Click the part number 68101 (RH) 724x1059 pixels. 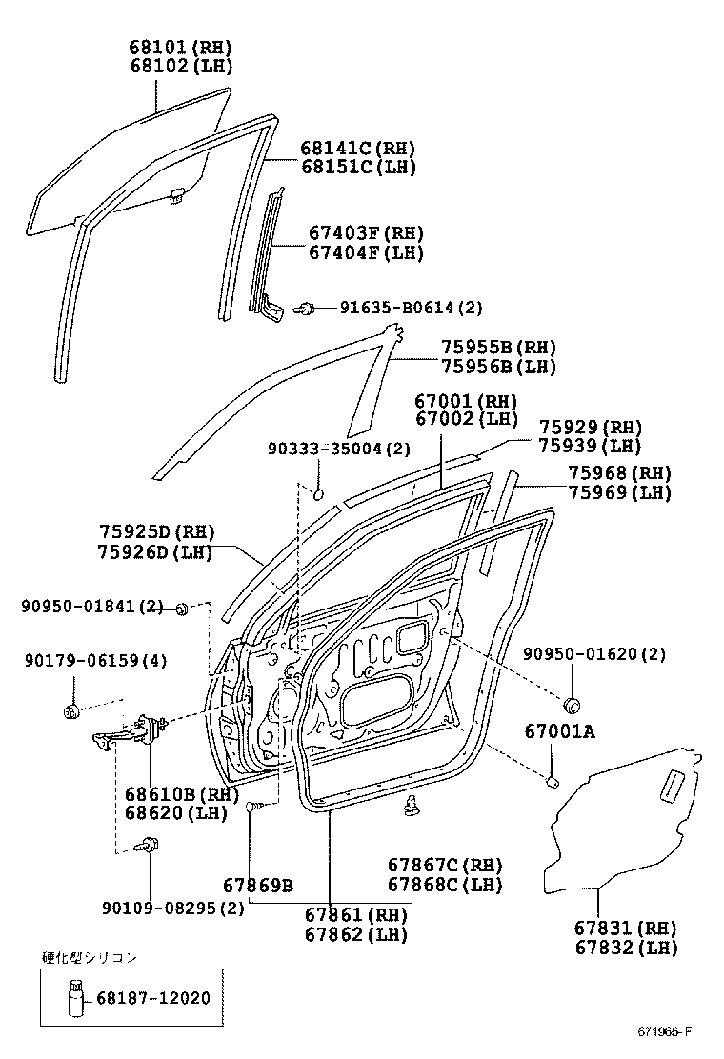181,48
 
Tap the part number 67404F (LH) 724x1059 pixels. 366,253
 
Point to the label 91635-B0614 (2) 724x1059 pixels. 411,308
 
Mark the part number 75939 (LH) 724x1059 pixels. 590,446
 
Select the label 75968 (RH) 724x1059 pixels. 619,473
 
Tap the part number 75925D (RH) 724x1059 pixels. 156,532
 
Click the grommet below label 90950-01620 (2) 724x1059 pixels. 573,705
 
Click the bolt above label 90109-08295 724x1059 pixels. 147,844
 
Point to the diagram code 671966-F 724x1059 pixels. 665,1032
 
